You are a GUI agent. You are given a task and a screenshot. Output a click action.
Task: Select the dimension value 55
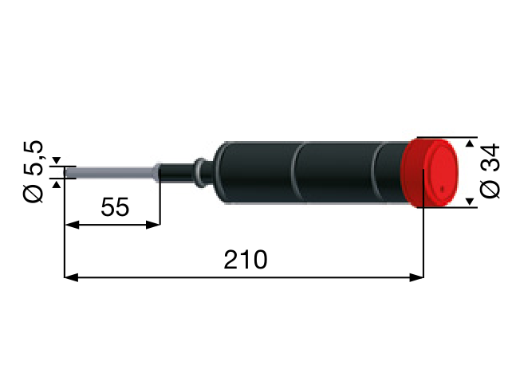tap(115, 207)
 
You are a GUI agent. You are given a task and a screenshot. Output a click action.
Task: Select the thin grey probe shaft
tap(112, 172)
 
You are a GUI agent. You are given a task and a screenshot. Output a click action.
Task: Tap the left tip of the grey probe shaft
tap(65, 172)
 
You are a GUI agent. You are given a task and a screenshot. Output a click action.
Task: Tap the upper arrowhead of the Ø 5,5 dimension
tap(56, 162)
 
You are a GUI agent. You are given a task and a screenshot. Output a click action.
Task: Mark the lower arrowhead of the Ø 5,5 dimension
tap(56, 183)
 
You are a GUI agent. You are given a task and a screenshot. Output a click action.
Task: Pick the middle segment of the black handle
tap(335, 172)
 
